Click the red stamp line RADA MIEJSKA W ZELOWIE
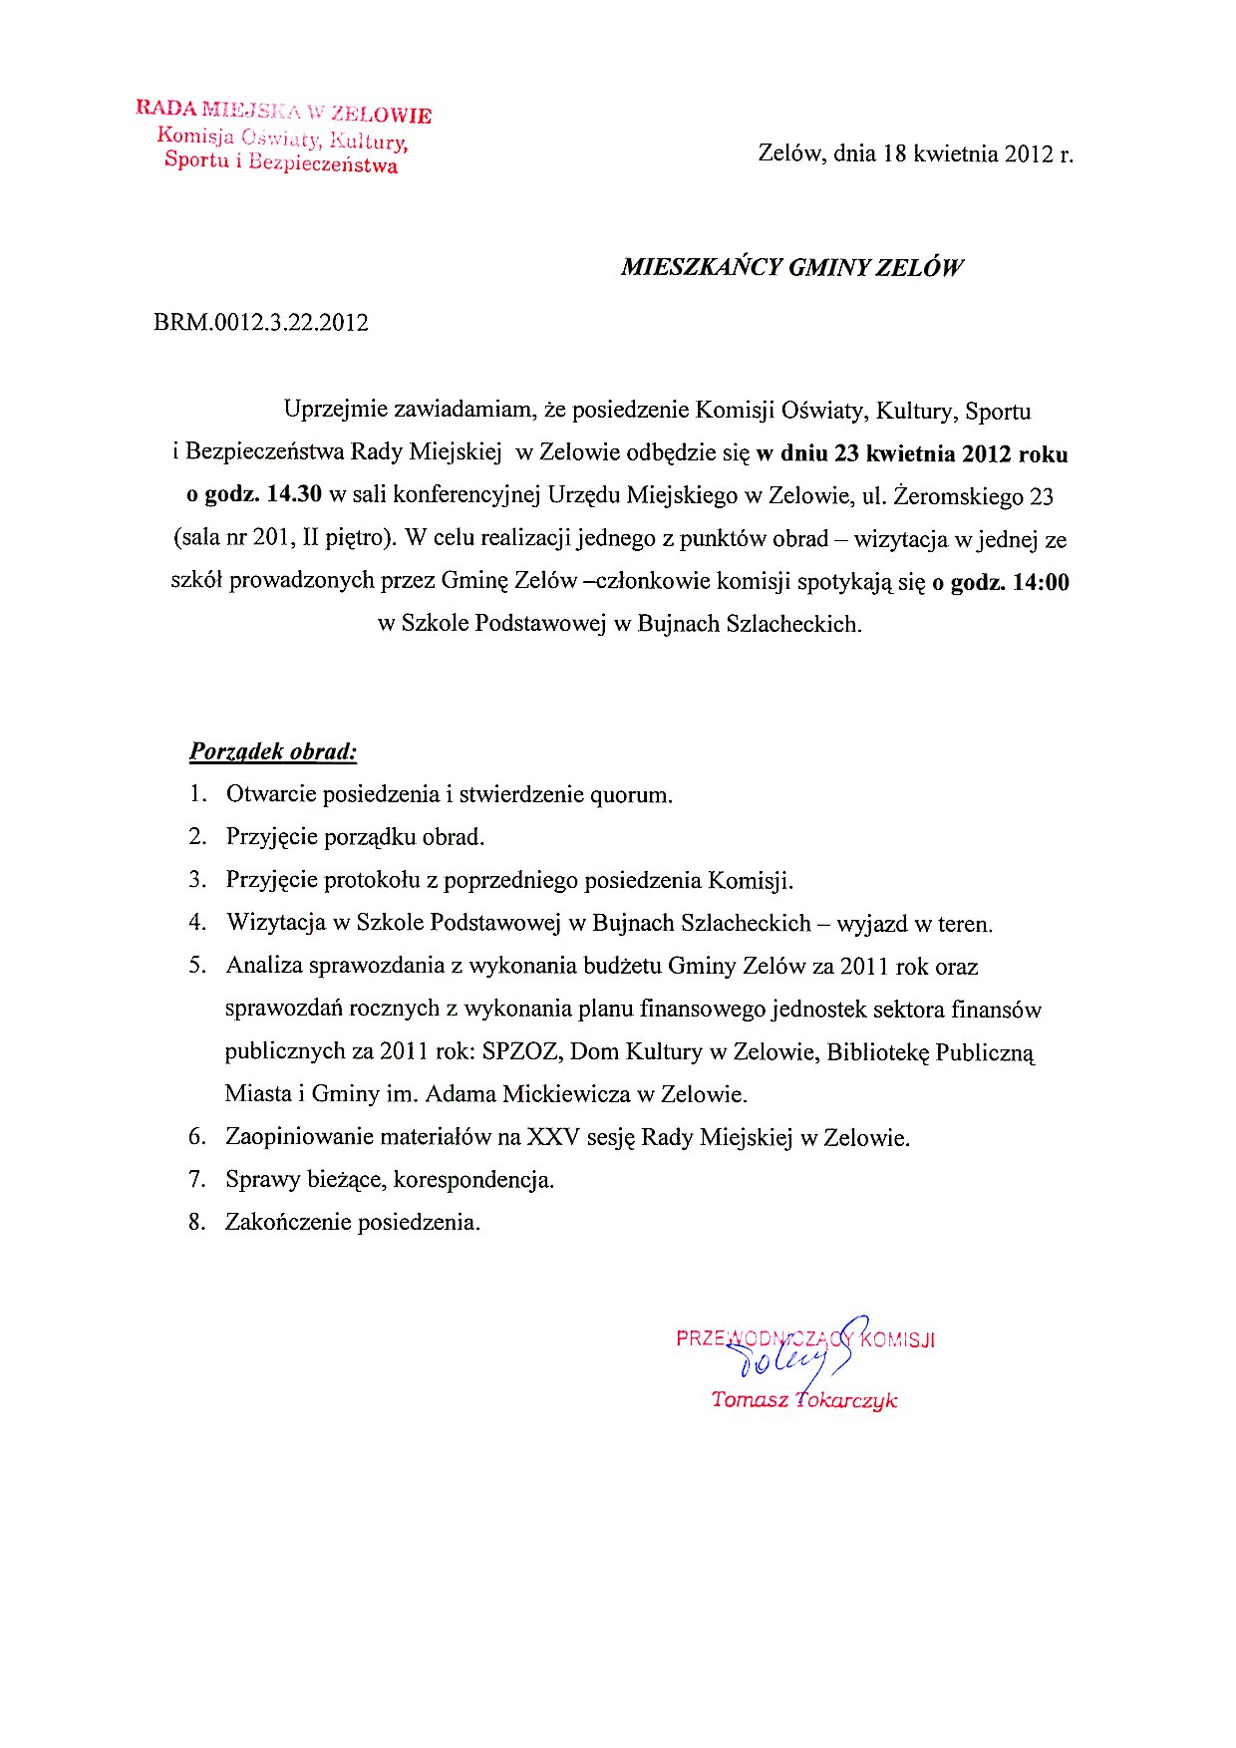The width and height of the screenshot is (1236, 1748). click(284, 111)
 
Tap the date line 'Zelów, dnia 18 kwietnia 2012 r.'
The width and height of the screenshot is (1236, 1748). click(915, 153)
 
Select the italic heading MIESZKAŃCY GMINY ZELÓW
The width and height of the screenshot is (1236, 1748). click(791, 267)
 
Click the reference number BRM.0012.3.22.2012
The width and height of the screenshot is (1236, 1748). click(261, 323)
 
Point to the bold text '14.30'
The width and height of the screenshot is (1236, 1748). click(294, 495)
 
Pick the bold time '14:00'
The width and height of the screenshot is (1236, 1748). click(1041, 582)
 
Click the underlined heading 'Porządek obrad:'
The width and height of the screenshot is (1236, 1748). click(273, 751)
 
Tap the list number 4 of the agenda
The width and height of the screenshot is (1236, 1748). click(197, 923)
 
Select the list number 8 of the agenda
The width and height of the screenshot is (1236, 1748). click(197, 1222)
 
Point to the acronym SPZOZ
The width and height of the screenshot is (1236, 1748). click(520, 1051)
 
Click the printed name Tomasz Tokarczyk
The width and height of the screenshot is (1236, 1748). click(803, 1400)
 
